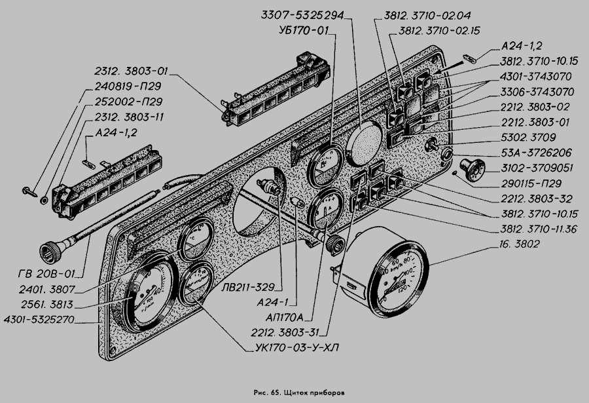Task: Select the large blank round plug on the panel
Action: tap(363, 145)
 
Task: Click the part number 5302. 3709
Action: tap(527, 138)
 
